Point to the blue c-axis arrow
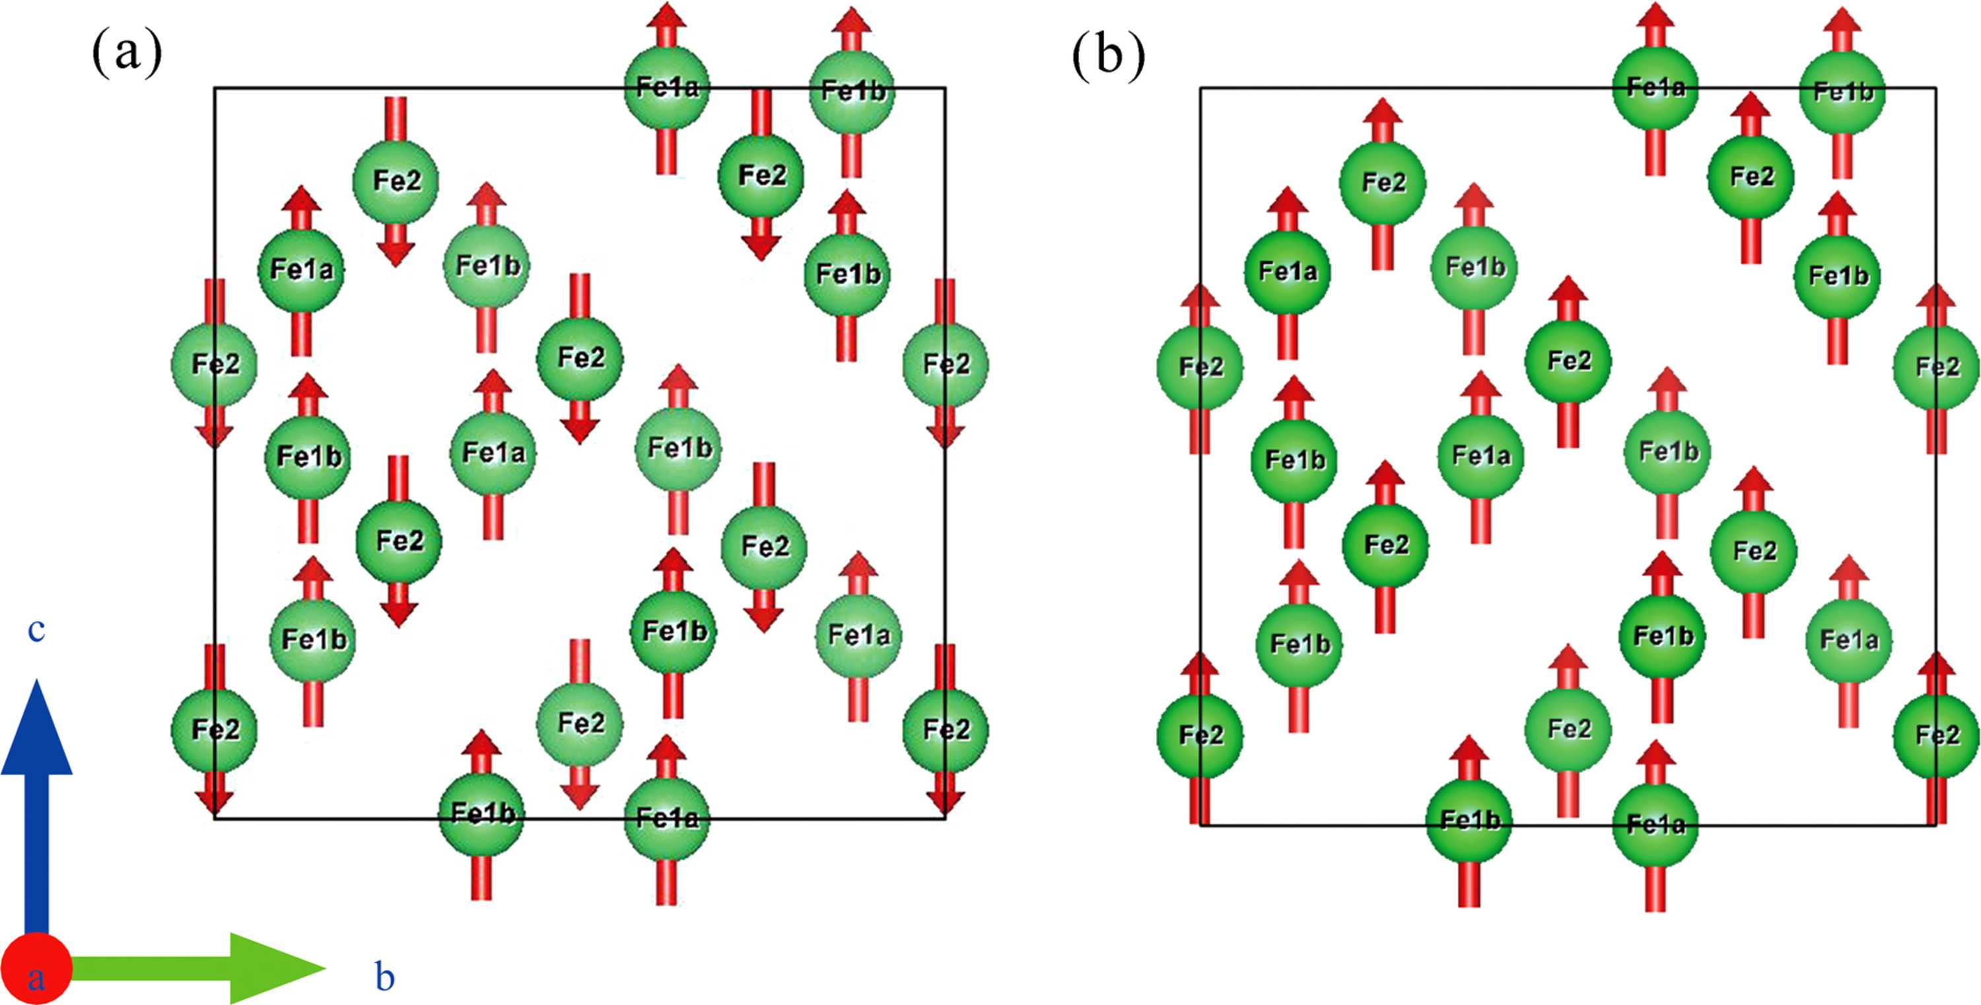(36, 808)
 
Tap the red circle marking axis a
(36, 969)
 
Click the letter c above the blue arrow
(36, 630)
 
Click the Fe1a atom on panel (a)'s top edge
(667, 87)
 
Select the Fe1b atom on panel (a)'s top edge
(852, 91)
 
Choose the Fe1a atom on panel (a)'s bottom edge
(667, 818)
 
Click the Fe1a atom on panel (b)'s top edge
(1655, 87)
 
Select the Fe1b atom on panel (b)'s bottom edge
(1470, 820)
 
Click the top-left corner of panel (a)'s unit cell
(215, 88)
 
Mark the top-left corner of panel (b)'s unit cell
(1201, 88)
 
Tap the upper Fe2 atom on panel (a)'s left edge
(215, 364)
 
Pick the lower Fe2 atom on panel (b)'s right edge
(1936, 735)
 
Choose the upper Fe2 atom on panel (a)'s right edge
(945, 364)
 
